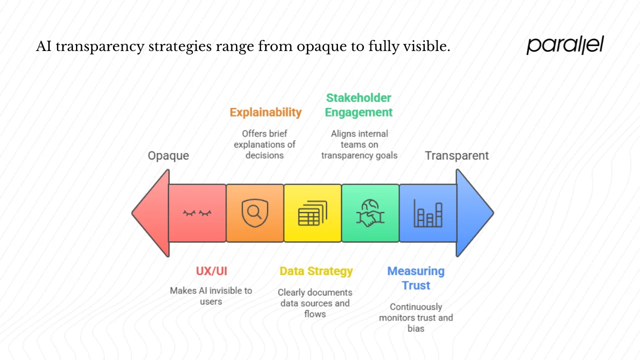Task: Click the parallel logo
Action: coord(565,45)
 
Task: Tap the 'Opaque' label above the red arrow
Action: coord(168,155)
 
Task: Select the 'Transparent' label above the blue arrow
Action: coord(456,155)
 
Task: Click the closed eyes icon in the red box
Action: coord(197,213)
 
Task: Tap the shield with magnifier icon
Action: coord(254,213)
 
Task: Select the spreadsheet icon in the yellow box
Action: coord(312,213)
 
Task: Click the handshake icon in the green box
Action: coord(370,213)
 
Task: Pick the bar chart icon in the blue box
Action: coord(428,213)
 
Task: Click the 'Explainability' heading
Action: coord(265,112)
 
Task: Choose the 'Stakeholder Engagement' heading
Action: coord(358,105)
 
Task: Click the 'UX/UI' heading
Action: coord(211,271)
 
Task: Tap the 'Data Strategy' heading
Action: coord(316,271)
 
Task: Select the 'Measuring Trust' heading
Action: coord(415,278)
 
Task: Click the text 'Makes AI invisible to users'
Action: coord(211,296)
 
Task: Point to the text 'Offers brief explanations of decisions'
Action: coord(264,144)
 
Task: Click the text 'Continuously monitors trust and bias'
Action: coord(415,317)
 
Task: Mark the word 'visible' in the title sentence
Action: coord(425,47)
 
